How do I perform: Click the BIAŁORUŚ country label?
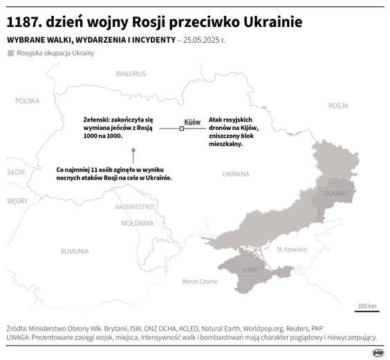coord(131,73)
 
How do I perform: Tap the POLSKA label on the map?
coord(28,100)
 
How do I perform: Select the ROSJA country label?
coord(337,106)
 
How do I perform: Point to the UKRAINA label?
coord(235,174)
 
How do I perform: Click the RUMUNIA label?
coord(75,250)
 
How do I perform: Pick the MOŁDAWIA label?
coord(137,224)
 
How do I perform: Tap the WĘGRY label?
coord(17,200)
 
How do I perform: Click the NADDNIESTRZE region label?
coord(136,207)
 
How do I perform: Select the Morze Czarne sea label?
coord(199,281)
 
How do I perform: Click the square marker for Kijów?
coord(182,129)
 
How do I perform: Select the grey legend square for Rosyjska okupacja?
coord(10,53)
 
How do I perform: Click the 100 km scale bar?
coord(366,311)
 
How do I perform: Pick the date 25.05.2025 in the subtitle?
coord(205,40)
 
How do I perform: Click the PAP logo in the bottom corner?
coord(378,352)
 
